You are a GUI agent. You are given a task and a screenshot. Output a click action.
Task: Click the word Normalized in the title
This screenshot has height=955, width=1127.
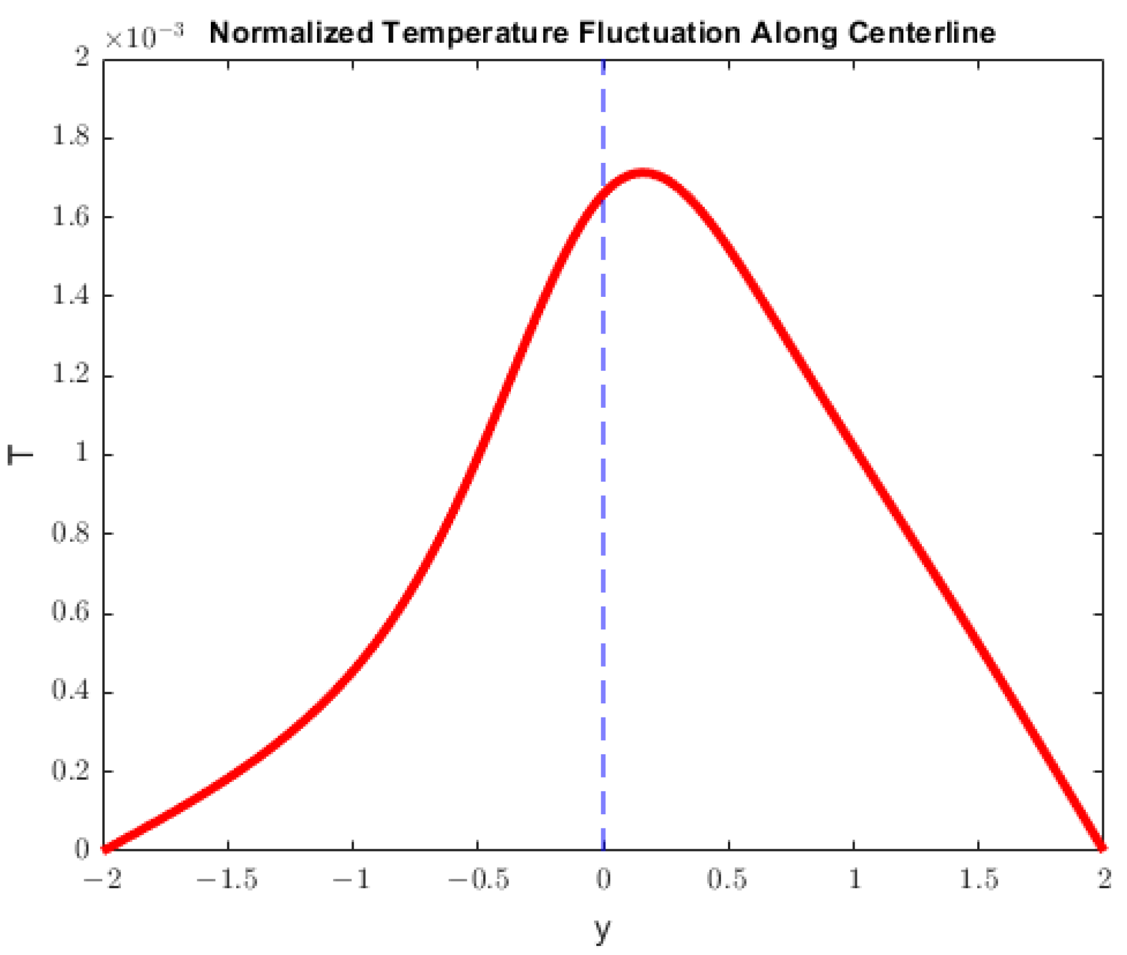point(291,33)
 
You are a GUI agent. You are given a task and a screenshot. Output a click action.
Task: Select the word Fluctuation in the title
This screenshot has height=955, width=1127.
point(659,33)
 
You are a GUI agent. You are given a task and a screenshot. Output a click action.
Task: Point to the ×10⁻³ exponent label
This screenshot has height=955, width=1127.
point(144,37)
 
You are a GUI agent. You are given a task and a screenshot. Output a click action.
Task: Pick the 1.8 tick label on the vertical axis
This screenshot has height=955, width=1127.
point(71,137)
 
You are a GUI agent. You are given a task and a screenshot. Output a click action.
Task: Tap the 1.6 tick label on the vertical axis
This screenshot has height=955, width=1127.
point(71,217)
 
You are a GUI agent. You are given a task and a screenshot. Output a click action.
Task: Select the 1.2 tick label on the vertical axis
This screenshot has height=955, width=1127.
point(71,375)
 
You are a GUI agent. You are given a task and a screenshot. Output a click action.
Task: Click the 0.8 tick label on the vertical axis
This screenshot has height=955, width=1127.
point(71,533)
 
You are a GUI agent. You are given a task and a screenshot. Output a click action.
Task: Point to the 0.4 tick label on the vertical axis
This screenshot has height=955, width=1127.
point(71,691)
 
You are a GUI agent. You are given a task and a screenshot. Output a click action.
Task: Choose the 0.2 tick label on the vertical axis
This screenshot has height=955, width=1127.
point(71,771)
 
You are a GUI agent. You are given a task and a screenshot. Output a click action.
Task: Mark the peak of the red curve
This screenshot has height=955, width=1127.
point(641,172)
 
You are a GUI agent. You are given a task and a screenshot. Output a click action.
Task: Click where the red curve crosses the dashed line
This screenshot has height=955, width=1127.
point(603,194)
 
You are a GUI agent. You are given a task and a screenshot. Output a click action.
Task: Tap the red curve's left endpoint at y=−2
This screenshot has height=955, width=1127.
point(105,848)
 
